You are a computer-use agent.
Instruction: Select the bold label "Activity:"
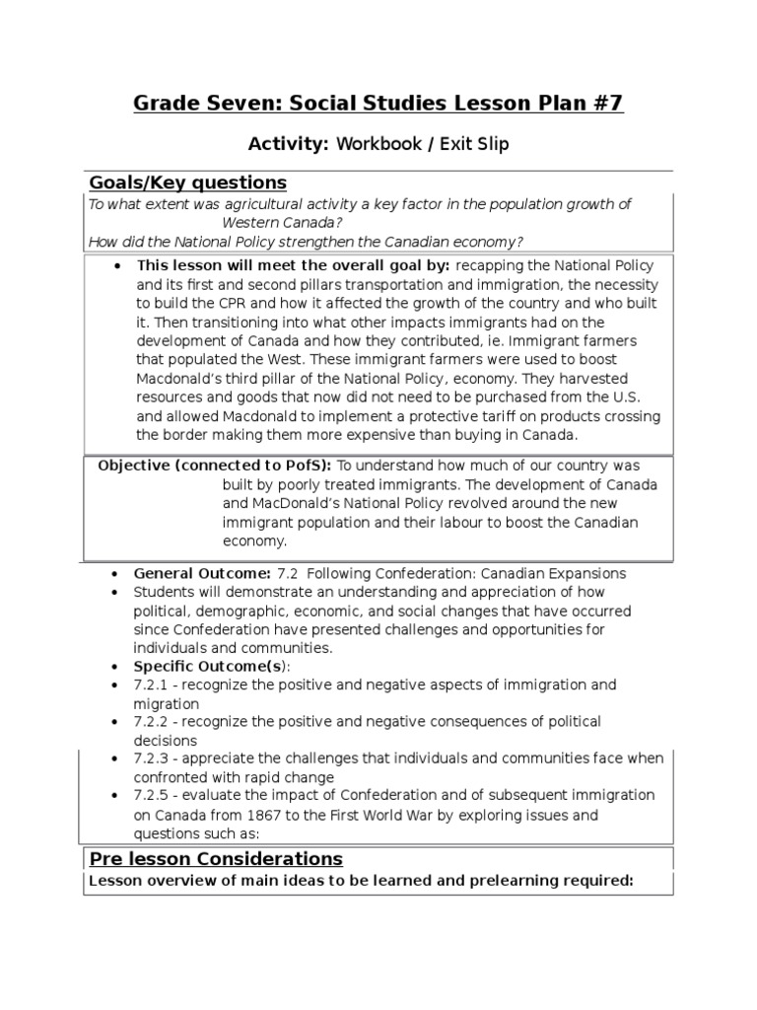point(288,145)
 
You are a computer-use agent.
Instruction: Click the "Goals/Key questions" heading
point(188,182)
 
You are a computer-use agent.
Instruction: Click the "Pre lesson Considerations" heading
point(216,858)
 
